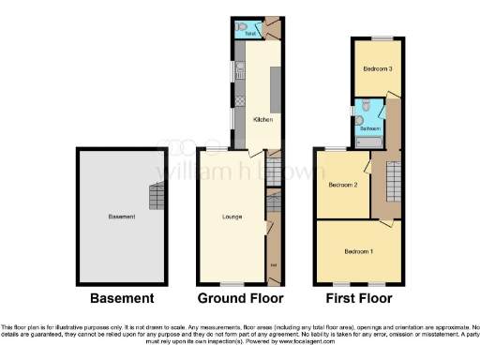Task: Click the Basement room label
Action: (x=122, y=217)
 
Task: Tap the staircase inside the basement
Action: (x=155, y=197)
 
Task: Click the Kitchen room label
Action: (x=262, y=119)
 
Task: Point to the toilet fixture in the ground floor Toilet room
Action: (x=242, y=28)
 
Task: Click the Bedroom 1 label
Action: (x=358, y=251)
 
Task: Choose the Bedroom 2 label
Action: (x=343, y=185)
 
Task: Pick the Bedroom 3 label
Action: (x=378, y=69)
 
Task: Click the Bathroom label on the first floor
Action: (x=371, y=128)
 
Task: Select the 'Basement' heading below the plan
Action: (x=121, y=298)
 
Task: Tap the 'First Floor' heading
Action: (x=361, y=298)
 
